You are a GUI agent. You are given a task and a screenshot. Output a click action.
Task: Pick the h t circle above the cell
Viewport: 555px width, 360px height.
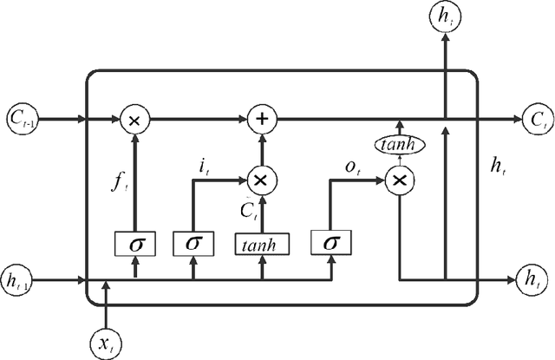[445, 16]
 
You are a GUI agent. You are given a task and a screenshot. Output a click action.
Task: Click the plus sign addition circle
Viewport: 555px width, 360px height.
[259, 117]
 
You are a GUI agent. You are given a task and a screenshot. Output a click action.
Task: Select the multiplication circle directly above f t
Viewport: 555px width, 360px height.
[134, 117]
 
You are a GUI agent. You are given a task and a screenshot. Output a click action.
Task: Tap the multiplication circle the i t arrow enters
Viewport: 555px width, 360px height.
[259, 180]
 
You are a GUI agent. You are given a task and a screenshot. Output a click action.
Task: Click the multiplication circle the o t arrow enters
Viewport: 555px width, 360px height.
[399, 180]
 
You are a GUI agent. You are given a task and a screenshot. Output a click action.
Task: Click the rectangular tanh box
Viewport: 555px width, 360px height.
[260, 243]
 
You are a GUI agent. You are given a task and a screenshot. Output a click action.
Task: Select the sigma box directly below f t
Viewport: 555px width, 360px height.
[135, 243]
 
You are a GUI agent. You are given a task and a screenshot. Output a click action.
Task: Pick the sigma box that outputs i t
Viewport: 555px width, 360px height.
[193, 243]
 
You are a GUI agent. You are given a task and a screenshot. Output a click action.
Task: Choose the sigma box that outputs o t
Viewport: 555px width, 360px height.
[330, 243]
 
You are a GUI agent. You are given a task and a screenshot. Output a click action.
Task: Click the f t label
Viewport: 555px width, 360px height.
[120, 183]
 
